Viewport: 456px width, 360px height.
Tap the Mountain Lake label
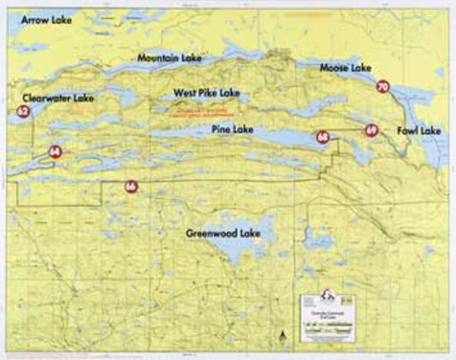point(169,57)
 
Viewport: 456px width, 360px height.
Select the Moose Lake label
point(344,67)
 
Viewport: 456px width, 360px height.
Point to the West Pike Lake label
point(206,92)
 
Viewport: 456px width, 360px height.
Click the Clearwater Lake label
point(58,98)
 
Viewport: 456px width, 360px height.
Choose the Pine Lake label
point(232,129)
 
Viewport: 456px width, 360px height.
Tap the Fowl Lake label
point(418,131)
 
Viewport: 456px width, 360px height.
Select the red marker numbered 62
point(23,112)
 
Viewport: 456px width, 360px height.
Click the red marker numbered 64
point(56,151)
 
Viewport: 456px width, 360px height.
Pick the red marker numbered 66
point(130,186)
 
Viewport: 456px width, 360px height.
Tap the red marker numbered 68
point(322,137)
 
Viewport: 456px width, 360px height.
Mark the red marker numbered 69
point(370,130)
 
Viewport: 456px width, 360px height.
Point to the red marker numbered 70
point(382,86)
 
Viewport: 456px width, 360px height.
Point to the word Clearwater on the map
point(48,98)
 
